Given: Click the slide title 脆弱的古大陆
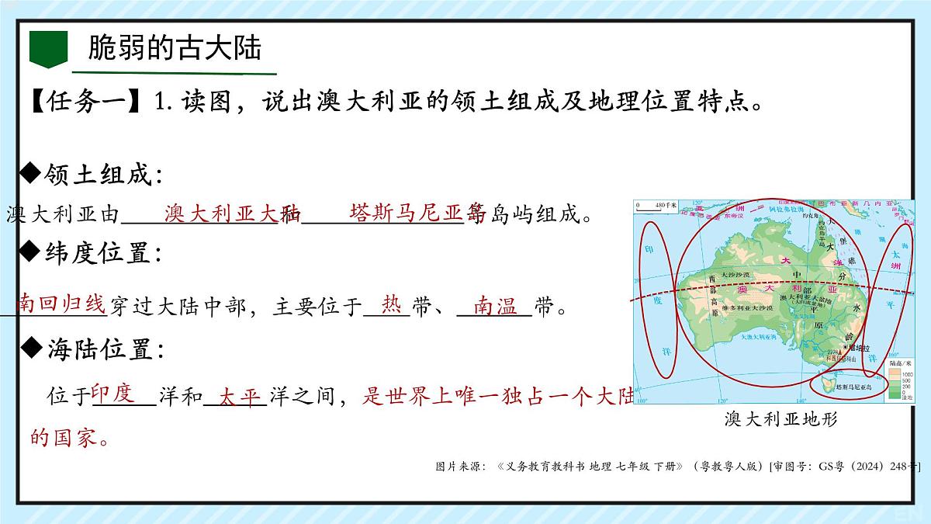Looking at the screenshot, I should pyautogui.click(x=175, y=48).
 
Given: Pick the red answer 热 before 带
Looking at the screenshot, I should pyautogui.click(x=392, y=306).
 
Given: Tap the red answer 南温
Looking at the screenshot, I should pyautogui.click(x=496, y=307).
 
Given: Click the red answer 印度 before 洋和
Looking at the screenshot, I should pyautogui.click(x=113, y=393).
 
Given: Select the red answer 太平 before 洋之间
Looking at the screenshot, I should pyautogui.click(x=238, y=396).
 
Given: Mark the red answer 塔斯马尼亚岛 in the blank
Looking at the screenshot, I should pyautogui.click(x=417, y=212).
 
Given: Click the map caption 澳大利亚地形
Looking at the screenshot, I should pyautogui.click(x=781, y=420).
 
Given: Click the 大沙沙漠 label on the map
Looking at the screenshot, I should pyautogui.click(x=735, y=276).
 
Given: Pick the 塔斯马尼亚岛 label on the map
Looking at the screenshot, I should pyautogui.click(x=853, y=386).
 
